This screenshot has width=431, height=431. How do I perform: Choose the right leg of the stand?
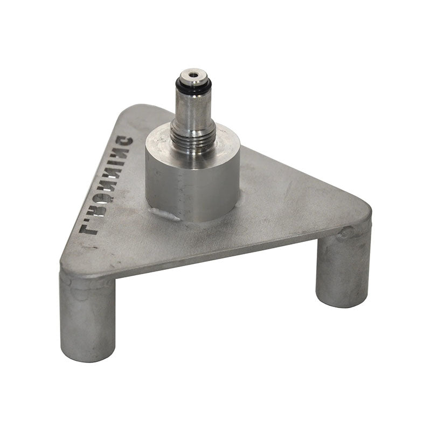coord(343,269)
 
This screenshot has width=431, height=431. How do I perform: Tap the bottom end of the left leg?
coord(87,353)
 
